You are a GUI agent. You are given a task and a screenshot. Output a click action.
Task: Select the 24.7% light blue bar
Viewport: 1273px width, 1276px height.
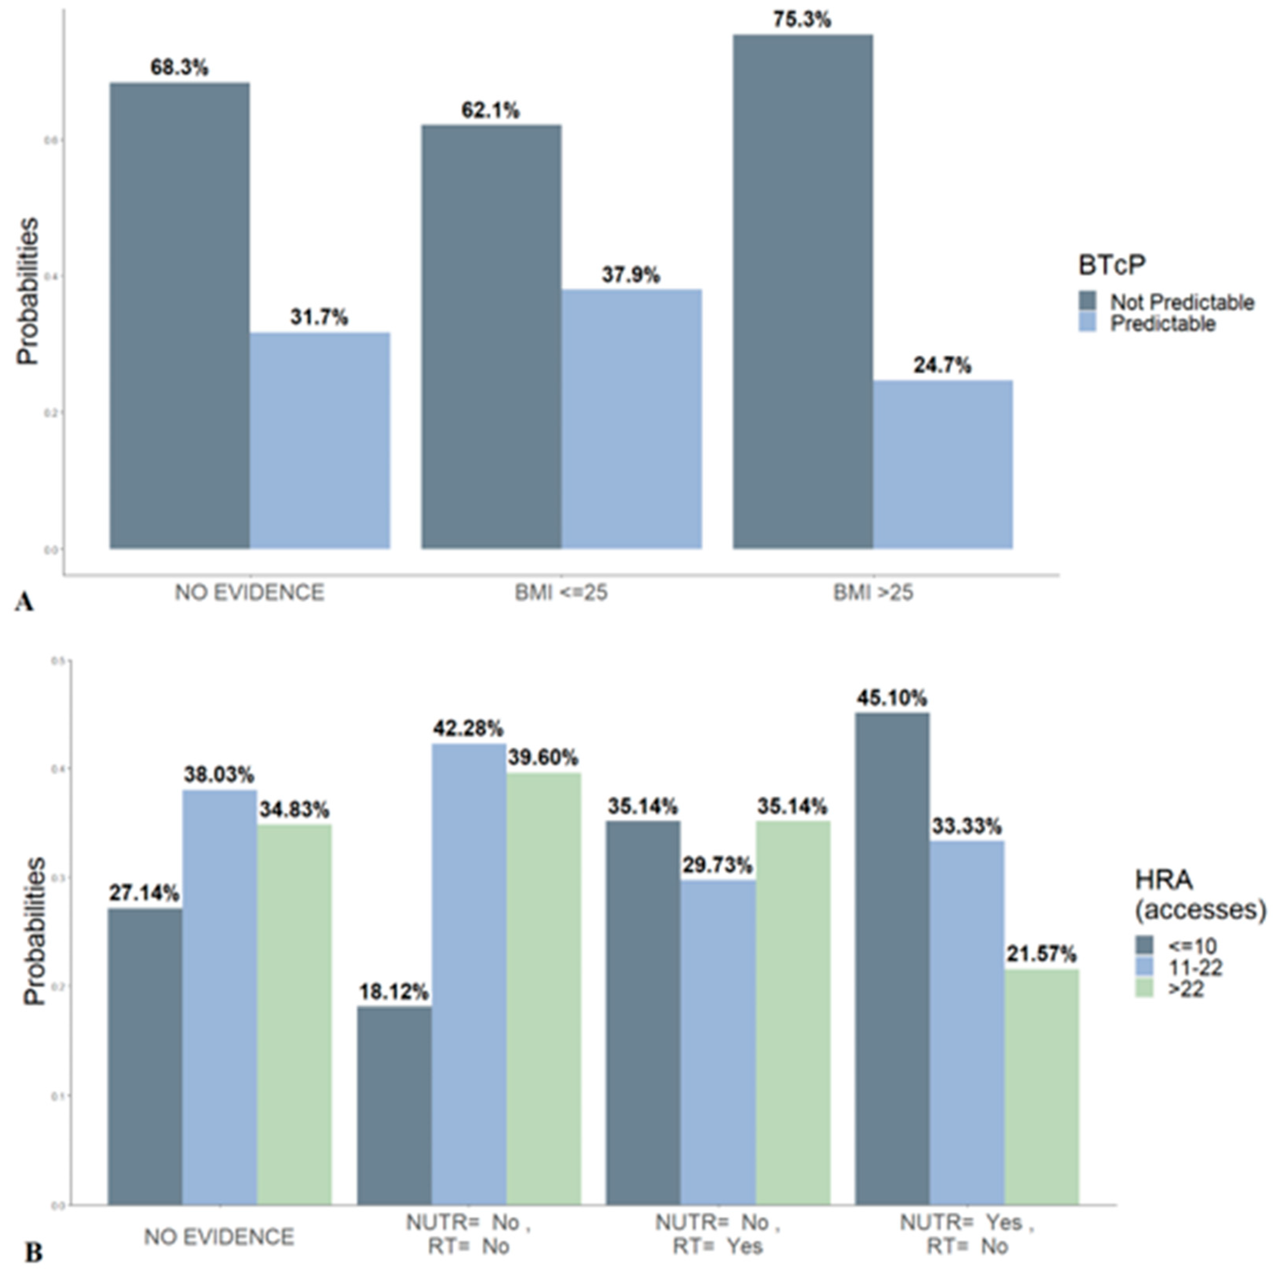pos(943,464)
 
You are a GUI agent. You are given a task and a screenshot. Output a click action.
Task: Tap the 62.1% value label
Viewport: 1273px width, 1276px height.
pos(490,110)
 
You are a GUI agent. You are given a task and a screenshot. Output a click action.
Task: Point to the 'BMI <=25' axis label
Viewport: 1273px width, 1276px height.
pos(561,592)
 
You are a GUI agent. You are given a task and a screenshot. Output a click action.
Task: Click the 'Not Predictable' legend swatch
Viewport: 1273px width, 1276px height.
pos(1087,301)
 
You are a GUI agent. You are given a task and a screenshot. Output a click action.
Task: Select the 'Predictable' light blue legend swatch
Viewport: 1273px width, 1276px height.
pos(1087,323)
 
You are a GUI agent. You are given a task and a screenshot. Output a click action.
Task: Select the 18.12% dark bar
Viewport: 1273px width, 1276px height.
pos(394,1105)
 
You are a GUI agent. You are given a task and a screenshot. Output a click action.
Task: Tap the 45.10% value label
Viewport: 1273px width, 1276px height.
pos(892,698)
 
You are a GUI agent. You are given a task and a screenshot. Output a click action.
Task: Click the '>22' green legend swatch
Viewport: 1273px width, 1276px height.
pos(1144,989)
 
